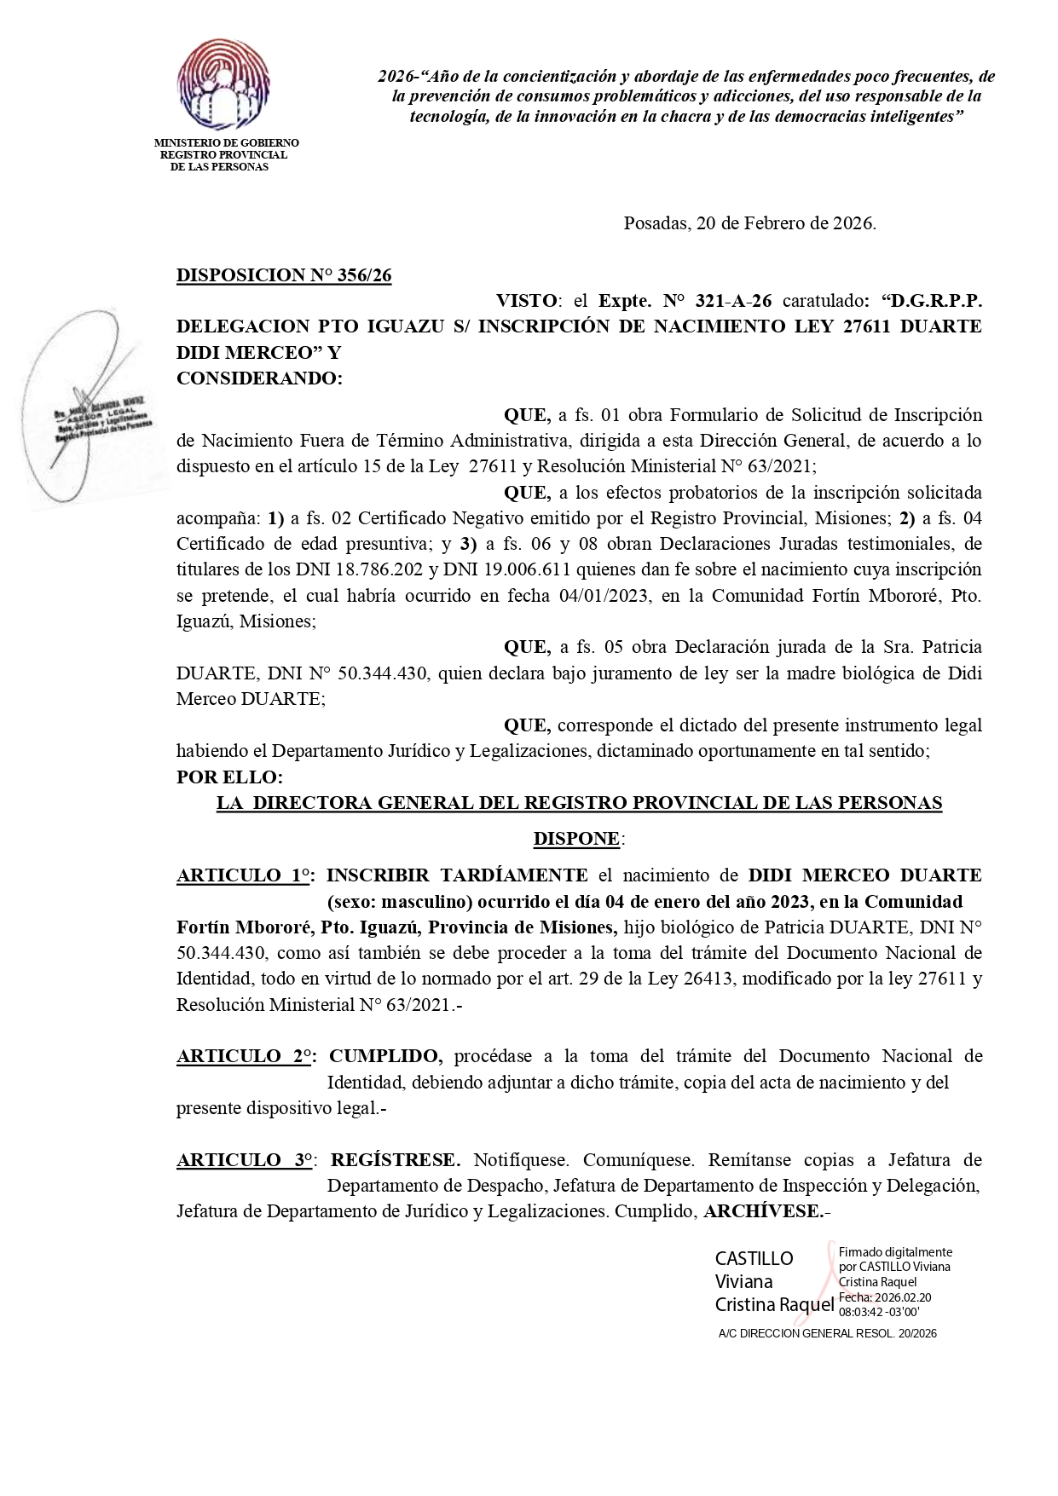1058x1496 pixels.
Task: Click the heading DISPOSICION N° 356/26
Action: click(283, 275)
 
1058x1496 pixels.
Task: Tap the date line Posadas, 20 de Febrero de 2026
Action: click(749, 223)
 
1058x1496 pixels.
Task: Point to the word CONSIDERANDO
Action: click(258, 378)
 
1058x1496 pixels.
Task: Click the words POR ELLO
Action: click(228, 777)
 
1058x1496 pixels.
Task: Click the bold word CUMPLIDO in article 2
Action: click(385, 1057)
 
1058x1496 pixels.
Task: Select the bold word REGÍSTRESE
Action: click(395, 1160)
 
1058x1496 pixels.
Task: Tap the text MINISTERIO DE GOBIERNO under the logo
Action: click(226, 143)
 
